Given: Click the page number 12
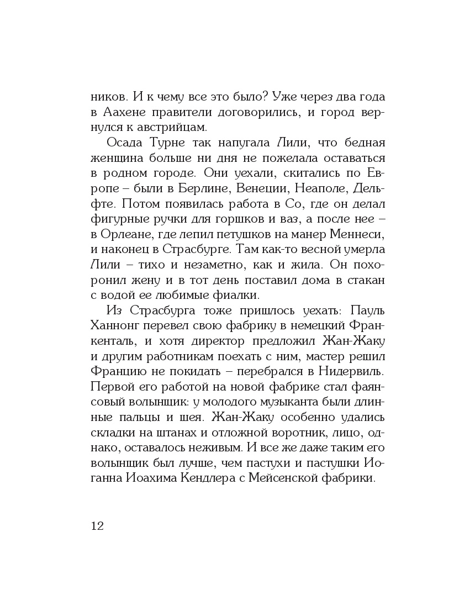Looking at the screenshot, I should [97, 525].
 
